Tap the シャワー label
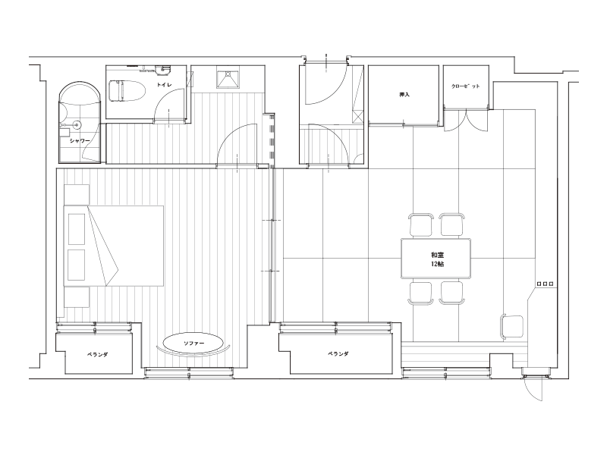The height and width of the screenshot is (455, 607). pyautogui.click(x=80, y=141)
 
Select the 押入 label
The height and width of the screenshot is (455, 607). pyautogui.click(x=404, y=94)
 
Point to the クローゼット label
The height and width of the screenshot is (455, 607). pyautogui.click(x=466, y=86)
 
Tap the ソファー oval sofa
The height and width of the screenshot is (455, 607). pyautogui.click(x=193, y=344)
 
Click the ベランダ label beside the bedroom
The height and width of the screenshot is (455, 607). pyautogui.click(x=97, y=354)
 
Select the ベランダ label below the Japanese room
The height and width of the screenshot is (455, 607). pyautogui.click(x=338, y=353)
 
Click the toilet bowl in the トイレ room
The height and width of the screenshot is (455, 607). pyautogui.click(x=127, y=92)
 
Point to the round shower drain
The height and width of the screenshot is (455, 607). pyautogui.click(x=77, y=125)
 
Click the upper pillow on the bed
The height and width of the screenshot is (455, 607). pyautogui.click(x=77, y=229)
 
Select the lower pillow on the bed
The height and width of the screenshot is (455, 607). pyautogui.click(x=77, y=265)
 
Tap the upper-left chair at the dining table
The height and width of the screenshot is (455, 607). pyautogui.click(x=420, y=224)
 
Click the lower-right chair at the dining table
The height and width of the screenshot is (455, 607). pyautogui.click(x=451, y=293)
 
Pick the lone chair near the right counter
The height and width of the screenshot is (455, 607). pyautogui.click(x=511, y=327)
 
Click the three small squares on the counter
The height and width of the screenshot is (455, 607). pyautogui.click(x=545, y=284)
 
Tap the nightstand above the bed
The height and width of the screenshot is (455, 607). pyautogui.click(x=77, y=195)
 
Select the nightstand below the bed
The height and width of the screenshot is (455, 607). pyautogui.click(x=77, y=297)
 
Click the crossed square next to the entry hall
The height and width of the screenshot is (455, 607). pyautogui.click(x=358, y=117)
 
